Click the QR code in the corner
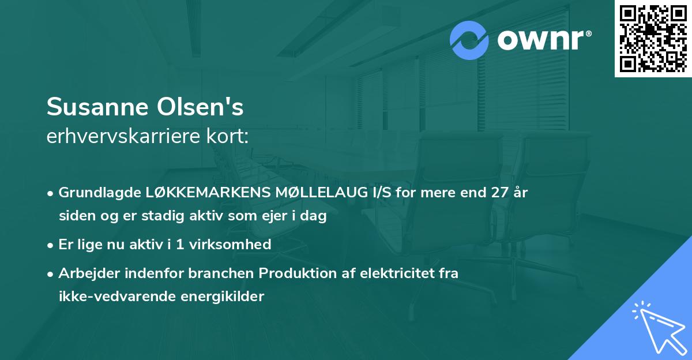(x=653, y=39)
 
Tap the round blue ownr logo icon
(x=469, y=40)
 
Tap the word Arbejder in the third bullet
(x=83, y=273)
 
